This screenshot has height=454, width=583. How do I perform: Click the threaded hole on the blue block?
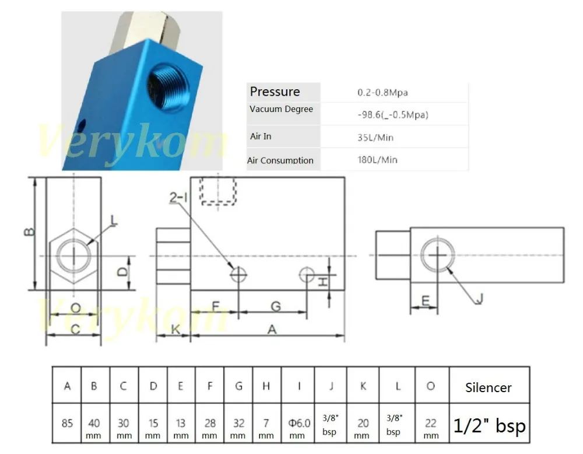(168, 87)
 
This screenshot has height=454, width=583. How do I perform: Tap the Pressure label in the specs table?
(275, 92)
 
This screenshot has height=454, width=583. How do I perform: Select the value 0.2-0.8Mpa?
(382, 92)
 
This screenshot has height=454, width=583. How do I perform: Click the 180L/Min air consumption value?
(377, 160)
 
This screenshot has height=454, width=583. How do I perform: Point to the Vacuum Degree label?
(281, 109)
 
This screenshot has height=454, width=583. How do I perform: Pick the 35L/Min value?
(375, 137)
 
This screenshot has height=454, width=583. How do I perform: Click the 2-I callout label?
(178, 197)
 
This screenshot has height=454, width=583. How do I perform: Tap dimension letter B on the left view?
(29, 232)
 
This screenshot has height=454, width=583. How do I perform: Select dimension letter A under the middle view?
(272, 329)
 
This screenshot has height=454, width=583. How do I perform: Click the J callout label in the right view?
(480, 298)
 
